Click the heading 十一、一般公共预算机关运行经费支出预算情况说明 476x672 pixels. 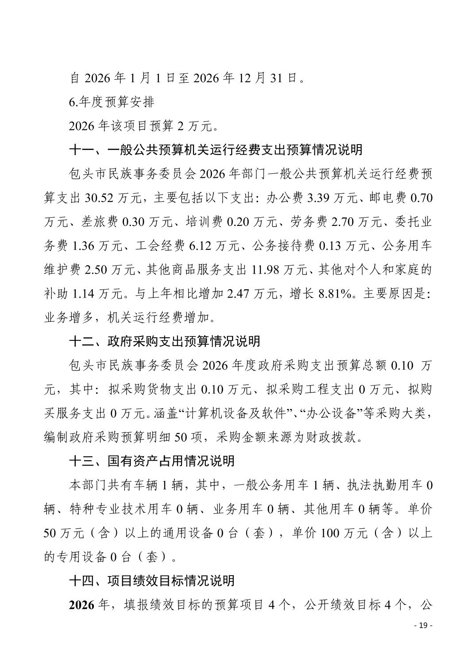[x=216, y=150]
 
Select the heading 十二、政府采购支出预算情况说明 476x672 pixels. [x=164, y=341]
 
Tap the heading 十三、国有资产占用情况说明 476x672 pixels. [x=152, y=461]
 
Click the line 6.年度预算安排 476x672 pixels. [x=112, y=102]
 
